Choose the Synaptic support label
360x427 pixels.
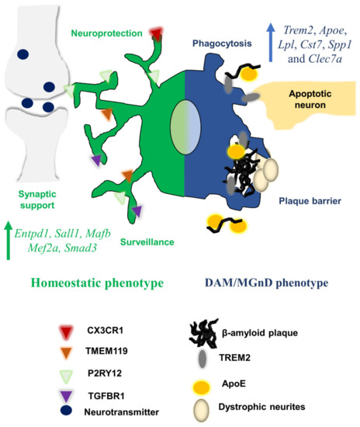(x=35, y=200)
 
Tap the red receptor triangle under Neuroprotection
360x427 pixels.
(x=156, y=33)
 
